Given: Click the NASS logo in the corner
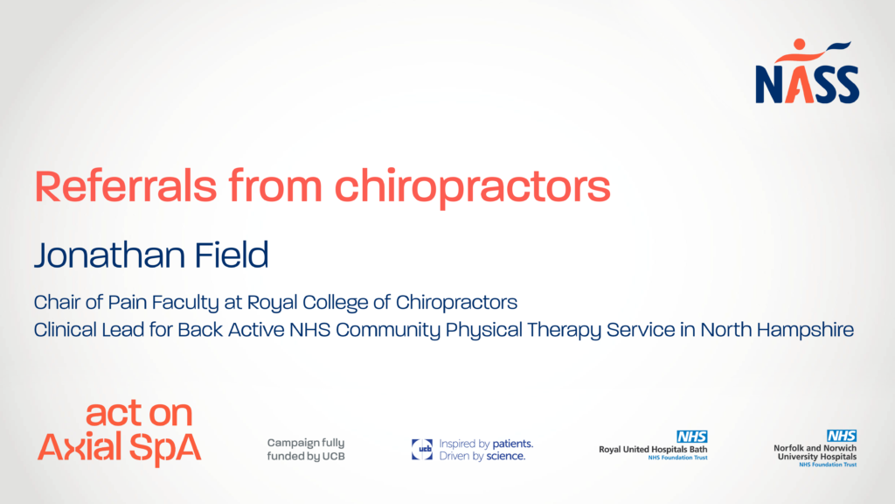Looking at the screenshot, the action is coord(807,72).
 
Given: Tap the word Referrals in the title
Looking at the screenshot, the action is coord(126,185).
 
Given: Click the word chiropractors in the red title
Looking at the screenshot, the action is coord(473,187).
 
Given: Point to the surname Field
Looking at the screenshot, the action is coord(231,255).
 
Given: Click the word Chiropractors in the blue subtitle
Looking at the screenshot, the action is coord(456,302).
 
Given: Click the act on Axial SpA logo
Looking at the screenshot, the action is coord(119,432).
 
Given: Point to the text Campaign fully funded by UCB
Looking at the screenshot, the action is coord(306,449).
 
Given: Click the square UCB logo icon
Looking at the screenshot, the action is coord(422,449).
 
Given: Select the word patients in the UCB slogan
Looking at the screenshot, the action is coord(512,444).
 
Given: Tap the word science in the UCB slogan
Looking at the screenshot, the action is coord(506,456).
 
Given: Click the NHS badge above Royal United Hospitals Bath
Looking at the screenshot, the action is coord(692,437).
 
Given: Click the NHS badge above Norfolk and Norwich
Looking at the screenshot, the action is coord(842,436).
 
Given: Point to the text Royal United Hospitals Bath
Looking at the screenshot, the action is coord(653,450).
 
